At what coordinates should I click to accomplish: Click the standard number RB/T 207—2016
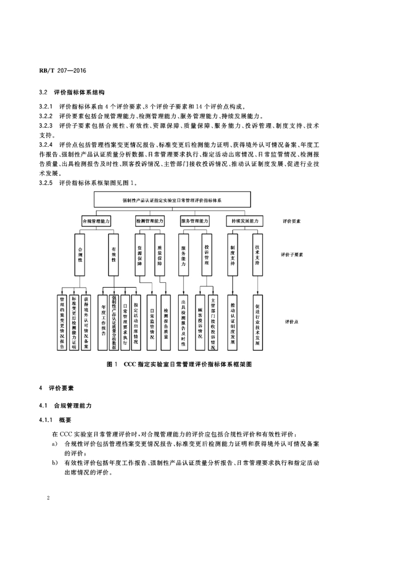click(x=63, y=71)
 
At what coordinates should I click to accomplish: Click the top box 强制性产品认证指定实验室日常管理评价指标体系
click(x=172, y=201)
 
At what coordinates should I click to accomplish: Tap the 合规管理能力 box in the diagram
click(x=97, y=221)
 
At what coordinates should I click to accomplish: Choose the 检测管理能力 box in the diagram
click(x=149, y=221)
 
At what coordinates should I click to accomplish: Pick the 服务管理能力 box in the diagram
click(x=195, y=221)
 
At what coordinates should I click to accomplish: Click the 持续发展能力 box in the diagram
click(x=245, y=221)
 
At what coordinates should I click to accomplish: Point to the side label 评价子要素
click(x=292, y=255)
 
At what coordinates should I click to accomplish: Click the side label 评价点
click(x=291, y=322)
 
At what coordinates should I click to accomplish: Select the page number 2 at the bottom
click(x=49, y=498)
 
